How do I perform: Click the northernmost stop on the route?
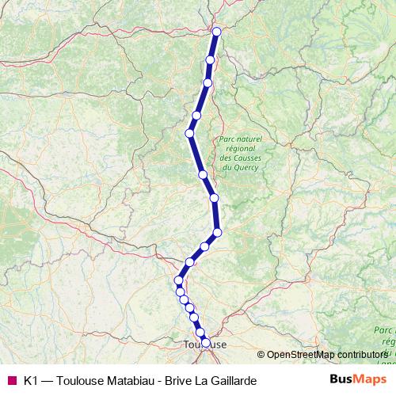click(x=216, y=32)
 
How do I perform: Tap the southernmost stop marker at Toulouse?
click(x=206, y=343)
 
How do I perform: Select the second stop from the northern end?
click(x=211, y=60)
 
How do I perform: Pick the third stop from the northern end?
click(x=208, y=82)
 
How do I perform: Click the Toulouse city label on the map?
click(x=204, y=345)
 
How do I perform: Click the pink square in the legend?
click(x=12, y=381)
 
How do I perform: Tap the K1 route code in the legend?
click(x=31, y=381)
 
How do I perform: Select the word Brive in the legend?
click(x=179, y=381)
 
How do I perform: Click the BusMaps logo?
click(x=356, y=380)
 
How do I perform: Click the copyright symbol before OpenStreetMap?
click(x=261, y=355)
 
